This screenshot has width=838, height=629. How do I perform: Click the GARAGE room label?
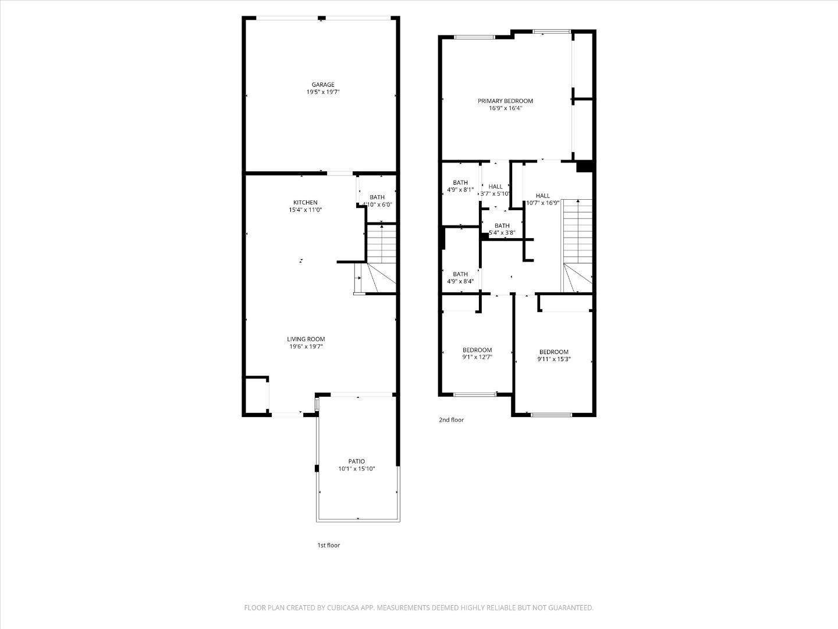[x=322, y=85]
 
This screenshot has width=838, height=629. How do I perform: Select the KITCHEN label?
[x=305, y=203]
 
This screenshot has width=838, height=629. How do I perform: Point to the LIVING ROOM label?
[x=306, y=339]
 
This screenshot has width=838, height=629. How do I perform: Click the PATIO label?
[x=357, y=461]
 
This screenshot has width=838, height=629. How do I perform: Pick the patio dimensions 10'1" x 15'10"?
[x=357, y=469]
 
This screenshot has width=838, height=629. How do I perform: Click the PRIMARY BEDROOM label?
[x=505, y=101]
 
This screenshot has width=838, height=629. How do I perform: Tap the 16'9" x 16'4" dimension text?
[x=505, y=108]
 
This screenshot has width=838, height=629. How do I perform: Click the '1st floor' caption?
[x=328, y=545]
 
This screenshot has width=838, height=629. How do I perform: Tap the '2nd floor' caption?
[x=451, y=419]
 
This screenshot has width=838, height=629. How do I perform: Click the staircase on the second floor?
[x=577, y=245]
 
